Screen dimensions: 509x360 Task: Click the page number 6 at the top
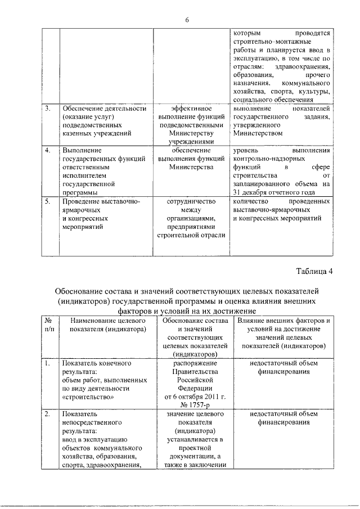click(x=186, y=20)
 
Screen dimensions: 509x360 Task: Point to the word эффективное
click(x=192, y=108)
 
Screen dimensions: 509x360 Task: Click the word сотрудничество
click(x=192, y=200)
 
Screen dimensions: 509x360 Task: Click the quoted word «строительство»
click(x=87, y=396)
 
